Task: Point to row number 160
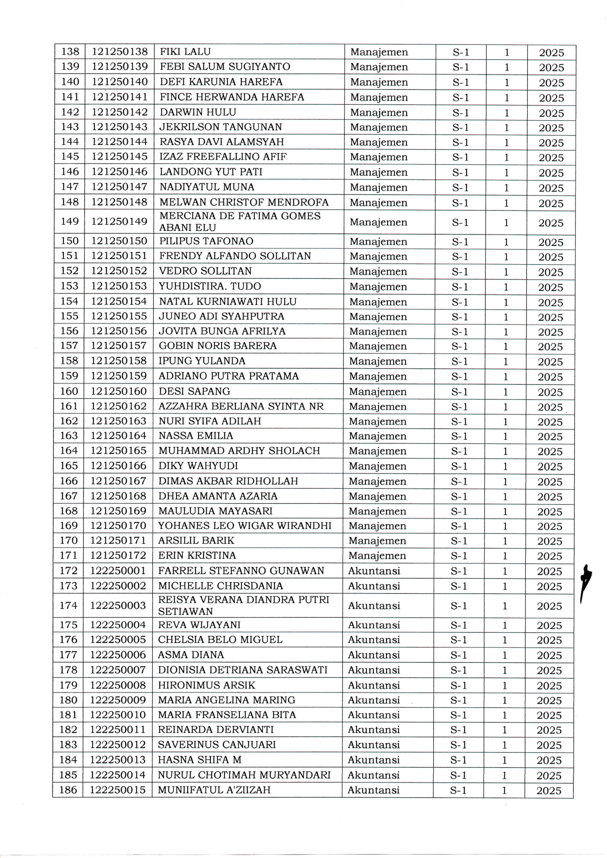pos(69,391)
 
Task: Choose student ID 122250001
pos(118,571)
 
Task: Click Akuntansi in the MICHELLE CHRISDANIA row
pos(374,586)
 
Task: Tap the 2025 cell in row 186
pos(549,790)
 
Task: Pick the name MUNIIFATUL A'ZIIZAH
pos(214,790)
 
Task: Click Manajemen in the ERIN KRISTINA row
pos(377,556)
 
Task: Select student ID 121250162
pos(119,406)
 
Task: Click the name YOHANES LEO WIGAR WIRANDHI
pos(245,526)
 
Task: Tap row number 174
pos(68,605)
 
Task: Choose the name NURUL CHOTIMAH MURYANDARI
pos(244,775)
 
